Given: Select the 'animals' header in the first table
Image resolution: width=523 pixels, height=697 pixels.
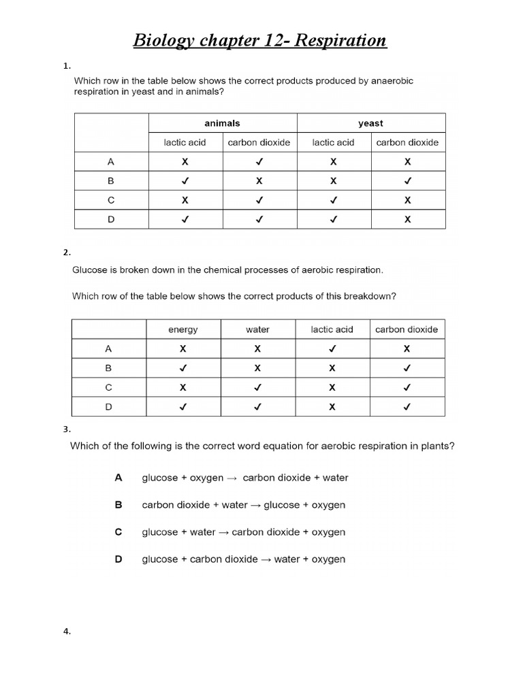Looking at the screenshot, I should click(222, 123).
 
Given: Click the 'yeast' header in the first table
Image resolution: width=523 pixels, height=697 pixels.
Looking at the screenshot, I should click(370, 123).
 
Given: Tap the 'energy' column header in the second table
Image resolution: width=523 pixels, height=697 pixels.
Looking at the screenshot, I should click(183, 329).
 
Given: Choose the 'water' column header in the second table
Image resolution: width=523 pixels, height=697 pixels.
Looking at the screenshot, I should click(257, 329).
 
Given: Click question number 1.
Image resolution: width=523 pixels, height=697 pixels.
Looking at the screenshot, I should click(66, 66).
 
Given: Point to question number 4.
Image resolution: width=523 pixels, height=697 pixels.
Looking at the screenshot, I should click(66, 632).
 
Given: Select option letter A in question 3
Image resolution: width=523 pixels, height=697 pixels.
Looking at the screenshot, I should click(118, 478).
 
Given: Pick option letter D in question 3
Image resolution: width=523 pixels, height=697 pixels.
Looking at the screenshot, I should click(118, 560).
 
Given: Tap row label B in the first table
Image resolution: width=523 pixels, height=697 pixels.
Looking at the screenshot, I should click(111, 182).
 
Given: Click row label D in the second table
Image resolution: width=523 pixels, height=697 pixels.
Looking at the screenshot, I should click(108, 407).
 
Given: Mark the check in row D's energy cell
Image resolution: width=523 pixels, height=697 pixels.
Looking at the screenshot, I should click(183, 407).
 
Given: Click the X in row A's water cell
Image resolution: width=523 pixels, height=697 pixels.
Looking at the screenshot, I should click(257, 348).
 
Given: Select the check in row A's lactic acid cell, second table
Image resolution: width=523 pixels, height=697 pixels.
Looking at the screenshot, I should click(332, 348).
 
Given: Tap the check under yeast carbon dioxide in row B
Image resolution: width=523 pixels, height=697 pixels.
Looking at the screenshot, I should click(407, 182).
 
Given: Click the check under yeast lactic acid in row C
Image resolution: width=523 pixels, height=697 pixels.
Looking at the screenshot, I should click(333, 201).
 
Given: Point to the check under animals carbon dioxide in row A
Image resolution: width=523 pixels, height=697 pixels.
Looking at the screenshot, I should click(259, 163).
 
